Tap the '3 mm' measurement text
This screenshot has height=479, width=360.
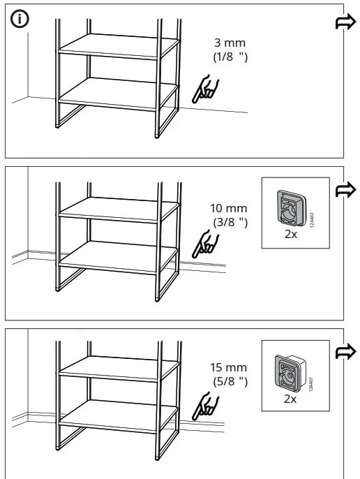230,43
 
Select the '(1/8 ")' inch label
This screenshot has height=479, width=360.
230,57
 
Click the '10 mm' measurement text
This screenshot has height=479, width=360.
229,208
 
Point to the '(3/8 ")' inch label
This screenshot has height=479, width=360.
230,222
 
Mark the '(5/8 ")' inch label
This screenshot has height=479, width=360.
230,381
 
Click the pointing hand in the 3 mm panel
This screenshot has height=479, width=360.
207,89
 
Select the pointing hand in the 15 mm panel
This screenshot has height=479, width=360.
206,404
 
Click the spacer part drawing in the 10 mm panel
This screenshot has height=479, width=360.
288,208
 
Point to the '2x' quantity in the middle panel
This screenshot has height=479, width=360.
291,235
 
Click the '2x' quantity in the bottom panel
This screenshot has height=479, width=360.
291,399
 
